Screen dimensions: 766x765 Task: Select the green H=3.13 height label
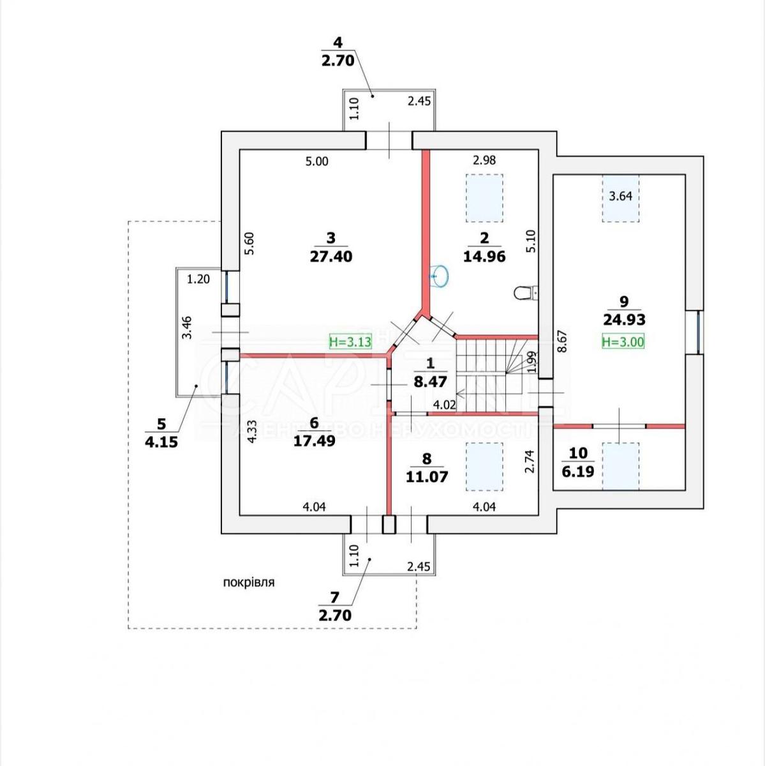[x=350, y=342]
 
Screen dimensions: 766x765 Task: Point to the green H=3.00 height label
[x=623, y=342]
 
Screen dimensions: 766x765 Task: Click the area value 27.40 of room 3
[x=331, y=257]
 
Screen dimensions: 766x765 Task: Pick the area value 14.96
[x=484, y=257]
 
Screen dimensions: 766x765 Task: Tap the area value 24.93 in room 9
[x=623, y=320]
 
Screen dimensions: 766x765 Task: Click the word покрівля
[x=249, y=582]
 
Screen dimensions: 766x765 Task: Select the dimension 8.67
[x=562, y=341]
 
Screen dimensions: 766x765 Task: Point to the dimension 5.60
[x=249, y=244]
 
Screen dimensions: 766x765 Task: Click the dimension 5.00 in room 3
[x=316, y=161]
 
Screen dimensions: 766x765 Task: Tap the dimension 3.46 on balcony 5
[x=187, y=327]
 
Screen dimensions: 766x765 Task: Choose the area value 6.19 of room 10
[x=578, y=472]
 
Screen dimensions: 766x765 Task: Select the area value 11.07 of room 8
[x=427, y=476]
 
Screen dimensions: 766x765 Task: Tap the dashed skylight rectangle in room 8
[x=484, y=467]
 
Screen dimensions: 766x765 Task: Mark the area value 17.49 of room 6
[x=314, y=440]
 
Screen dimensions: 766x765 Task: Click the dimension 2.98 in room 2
[x=484, y=160]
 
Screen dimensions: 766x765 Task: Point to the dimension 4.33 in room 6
[x=251, y=432]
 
